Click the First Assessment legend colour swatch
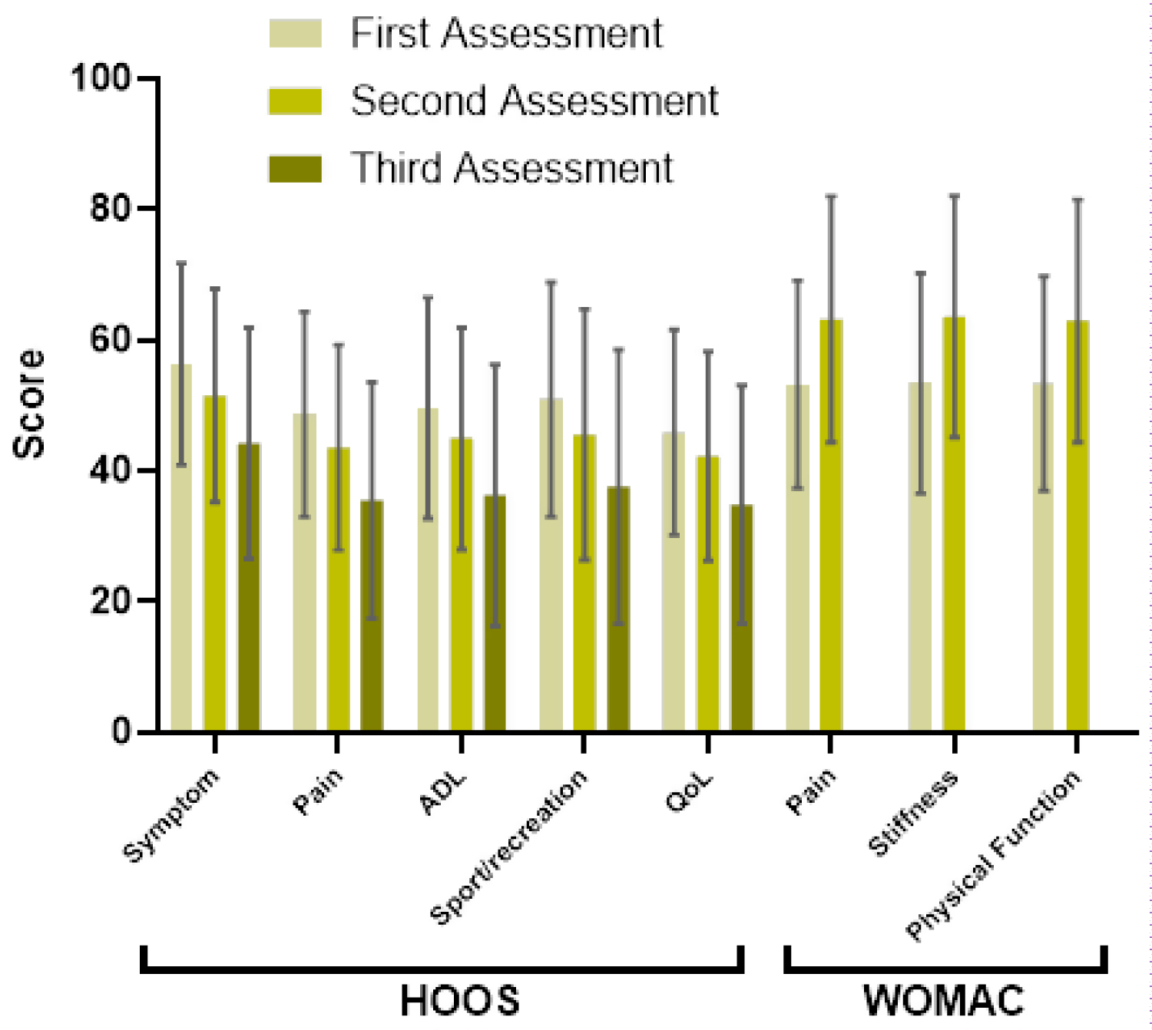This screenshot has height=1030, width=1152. click(295, 34)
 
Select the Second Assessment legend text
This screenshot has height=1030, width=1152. click(534, 101)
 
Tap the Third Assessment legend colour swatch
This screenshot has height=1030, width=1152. click(295, 169)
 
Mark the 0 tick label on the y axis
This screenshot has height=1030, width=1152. click(121, 731)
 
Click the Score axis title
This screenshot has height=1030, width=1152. click(29, 404)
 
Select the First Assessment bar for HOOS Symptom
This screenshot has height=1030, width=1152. click(181, 547)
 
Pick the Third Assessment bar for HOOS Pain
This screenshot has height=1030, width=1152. click(372, 615)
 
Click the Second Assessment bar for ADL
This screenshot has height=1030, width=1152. click(462, 584)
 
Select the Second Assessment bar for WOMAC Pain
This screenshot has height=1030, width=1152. click(831, 524)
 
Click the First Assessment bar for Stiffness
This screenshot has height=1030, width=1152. click(920, 556)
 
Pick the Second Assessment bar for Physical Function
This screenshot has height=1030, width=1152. click(1078, 525)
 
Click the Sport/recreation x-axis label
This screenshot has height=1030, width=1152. click(508, 846)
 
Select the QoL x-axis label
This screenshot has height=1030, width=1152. click(689, 793)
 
